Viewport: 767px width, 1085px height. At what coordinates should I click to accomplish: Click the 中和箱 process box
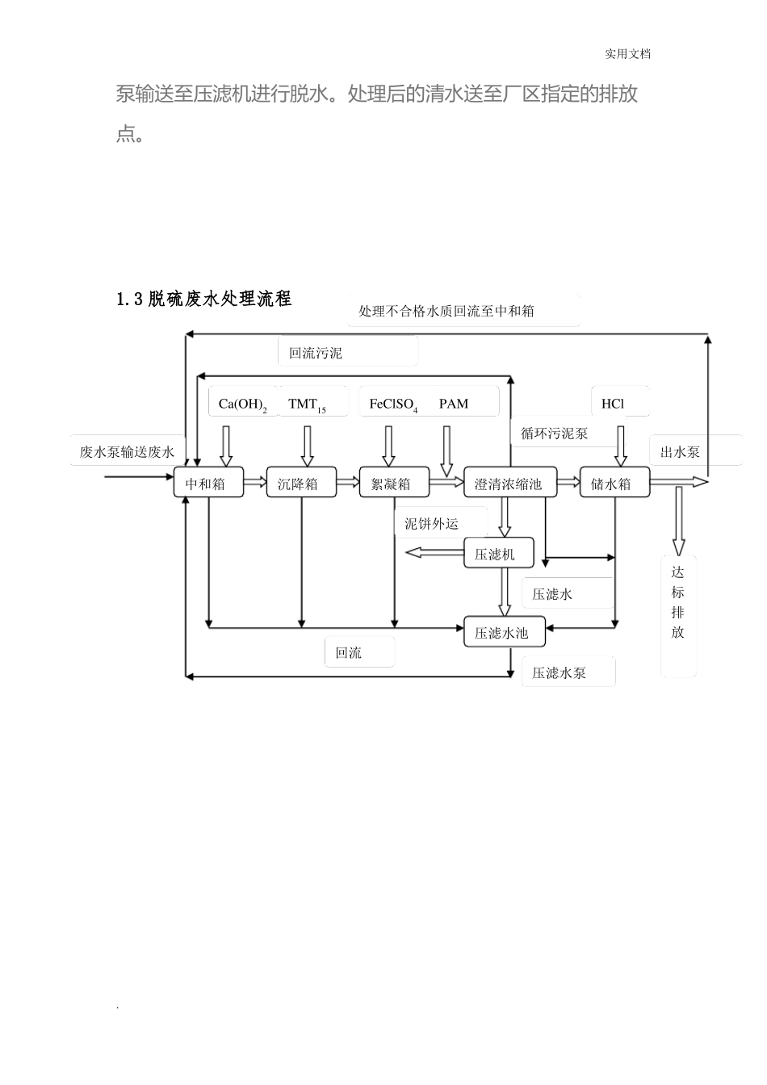click(208, 483)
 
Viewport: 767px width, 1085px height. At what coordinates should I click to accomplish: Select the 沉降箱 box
click(300, 483)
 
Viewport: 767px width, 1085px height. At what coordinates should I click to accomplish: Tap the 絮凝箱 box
click(393, 483)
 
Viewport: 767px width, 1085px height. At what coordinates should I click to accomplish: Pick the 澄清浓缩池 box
click(509, 483)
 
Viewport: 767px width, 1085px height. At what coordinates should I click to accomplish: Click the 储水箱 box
click(614, 483)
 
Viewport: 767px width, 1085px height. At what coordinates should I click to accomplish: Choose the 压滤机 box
click(498, 553)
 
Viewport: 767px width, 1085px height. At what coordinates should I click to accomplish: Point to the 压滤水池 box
click(504, 632)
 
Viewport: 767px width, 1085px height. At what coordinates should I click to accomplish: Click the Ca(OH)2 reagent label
click(242, 404)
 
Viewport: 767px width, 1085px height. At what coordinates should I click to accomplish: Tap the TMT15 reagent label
click(308, 404)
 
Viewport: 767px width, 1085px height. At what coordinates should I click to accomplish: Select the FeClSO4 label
click(393, 404)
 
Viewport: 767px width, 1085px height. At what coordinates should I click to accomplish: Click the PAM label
click(454, 404)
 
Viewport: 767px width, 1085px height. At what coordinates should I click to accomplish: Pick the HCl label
click(613, 404)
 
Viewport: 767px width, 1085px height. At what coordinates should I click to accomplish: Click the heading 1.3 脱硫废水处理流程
click(203, 300)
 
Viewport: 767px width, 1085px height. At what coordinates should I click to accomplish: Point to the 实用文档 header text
click(627, 54)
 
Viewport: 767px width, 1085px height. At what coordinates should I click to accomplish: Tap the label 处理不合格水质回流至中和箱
click(446, 311)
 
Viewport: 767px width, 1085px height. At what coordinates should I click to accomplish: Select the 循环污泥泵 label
click(555, 434)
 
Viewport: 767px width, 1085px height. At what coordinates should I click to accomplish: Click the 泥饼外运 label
click(431, 524)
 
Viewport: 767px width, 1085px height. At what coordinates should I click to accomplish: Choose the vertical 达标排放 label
click(677, 601)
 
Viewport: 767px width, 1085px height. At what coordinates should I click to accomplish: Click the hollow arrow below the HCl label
click(620, 446)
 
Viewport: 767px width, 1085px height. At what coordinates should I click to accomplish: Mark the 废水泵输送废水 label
click(127, 452)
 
